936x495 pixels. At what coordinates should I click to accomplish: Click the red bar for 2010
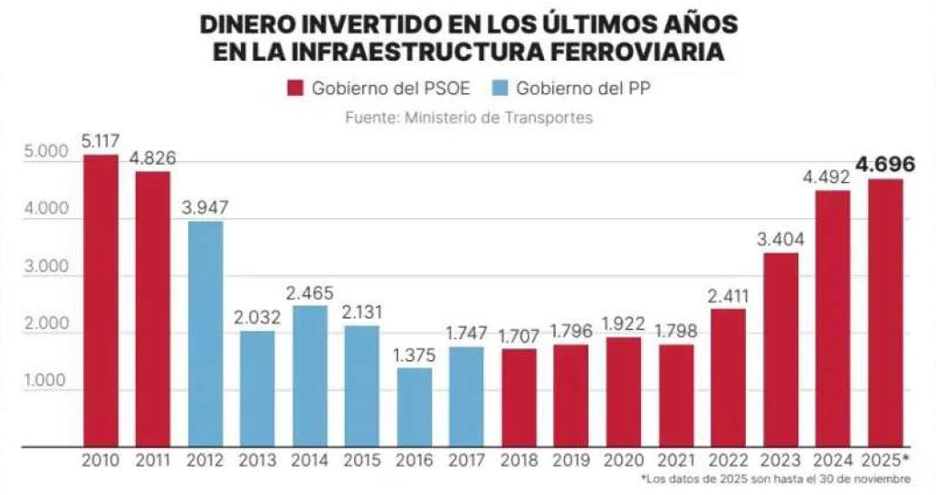[x=100, y=300]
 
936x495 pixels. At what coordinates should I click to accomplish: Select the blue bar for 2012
[x=205, y=334]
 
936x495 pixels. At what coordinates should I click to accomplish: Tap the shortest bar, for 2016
[x=415, y=406]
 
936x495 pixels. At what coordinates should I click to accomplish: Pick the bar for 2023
[x=781, y=349]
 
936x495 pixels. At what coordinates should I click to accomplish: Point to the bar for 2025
[x=885, y=312]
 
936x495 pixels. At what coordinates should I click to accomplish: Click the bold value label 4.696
[x=885, y=164]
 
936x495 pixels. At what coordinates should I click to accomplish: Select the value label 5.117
[x=100, y=141]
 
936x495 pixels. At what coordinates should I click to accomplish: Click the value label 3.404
[x=781, y=239]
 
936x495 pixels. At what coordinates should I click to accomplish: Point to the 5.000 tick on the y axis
[x=42, y=152]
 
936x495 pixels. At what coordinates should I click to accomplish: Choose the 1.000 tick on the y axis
[x=42, y=381]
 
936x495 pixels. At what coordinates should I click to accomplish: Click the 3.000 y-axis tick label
[x=42, y=267]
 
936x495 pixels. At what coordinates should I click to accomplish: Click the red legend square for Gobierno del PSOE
[x=296, y=89]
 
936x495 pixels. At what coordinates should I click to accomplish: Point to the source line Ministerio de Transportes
[x=468, y=118]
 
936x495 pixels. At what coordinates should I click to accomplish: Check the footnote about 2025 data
[x=775, y=479]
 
